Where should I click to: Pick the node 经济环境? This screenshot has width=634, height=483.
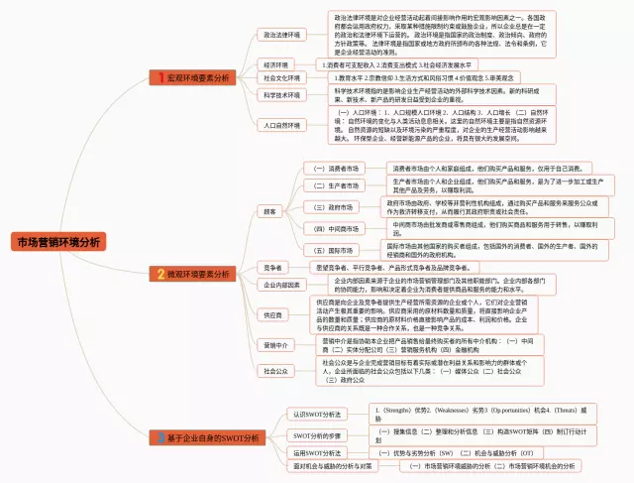274,64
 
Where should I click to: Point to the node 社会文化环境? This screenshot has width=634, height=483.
281,77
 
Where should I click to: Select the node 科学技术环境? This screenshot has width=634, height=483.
281,95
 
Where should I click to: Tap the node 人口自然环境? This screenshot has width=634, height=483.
281,126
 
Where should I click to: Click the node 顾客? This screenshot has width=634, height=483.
269,211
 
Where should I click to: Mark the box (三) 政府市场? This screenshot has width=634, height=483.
333,207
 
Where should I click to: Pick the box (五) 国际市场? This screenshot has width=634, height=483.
333,250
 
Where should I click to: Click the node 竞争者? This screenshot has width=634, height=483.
272,267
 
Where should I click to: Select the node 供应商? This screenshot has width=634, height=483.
272,314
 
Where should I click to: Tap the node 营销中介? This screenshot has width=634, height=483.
275,345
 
